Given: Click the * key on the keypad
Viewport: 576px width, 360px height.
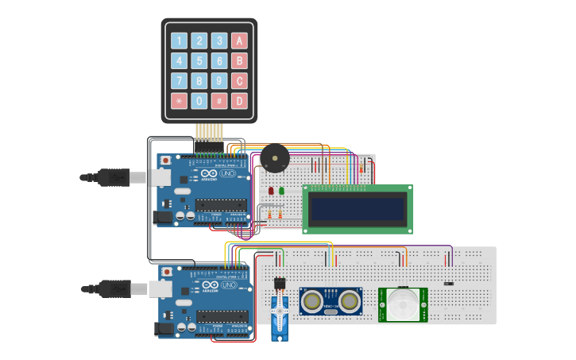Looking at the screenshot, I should [179, 101].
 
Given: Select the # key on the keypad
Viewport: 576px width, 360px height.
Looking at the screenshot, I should [218, 101].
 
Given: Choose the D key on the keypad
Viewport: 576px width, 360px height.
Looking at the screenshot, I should [238, 101].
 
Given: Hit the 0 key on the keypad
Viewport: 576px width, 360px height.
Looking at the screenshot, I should [199, 101].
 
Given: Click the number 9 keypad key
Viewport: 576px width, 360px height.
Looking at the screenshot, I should [218, 81].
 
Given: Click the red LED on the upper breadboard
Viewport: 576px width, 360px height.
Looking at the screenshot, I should [270, 191].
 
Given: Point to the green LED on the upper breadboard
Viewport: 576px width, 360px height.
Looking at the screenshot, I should [280, 190].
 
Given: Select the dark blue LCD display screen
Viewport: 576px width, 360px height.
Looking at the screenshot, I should [358, 209].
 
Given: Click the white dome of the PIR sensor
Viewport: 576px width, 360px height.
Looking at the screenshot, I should [402, 304].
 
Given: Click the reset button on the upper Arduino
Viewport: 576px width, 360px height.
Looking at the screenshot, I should [165, 161].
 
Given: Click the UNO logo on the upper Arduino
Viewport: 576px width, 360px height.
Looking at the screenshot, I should [227, 174].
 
